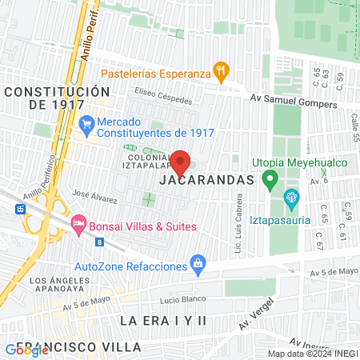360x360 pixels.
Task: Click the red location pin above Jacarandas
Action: point(181,162)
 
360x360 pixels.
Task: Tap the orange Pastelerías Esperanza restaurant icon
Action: point(220,73)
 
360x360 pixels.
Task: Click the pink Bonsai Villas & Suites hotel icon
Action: point(78,222)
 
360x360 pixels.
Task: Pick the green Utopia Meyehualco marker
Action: point(270,177)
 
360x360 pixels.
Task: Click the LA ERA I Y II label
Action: point(162,320)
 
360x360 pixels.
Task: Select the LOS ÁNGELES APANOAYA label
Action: point(60,286)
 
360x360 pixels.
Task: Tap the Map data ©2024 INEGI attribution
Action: point(313,354)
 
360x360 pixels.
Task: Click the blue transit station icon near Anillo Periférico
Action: point(21,208)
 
